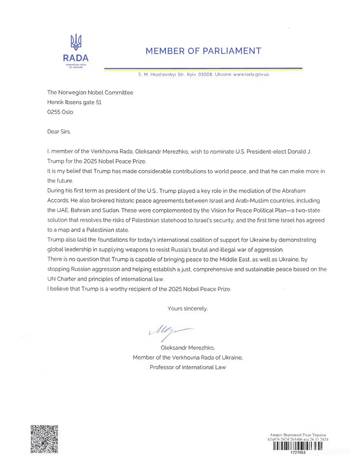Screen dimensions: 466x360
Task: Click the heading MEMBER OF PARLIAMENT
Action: pos(203,51)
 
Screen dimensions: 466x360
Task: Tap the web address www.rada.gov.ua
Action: pos(251,74)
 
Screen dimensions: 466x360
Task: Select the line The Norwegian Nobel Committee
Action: pos(90,92)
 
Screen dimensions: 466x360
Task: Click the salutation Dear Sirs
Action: pos(58,131)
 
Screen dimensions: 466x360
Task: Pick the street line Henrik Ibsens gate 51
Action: pos(74,102)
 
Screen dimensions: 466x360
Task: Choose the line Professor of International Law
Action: pos(188,367)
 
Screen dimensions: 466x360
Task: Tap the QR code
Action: pos(44,439)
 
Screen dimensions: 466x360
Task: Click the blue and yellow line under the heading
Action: pos(203,68)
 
